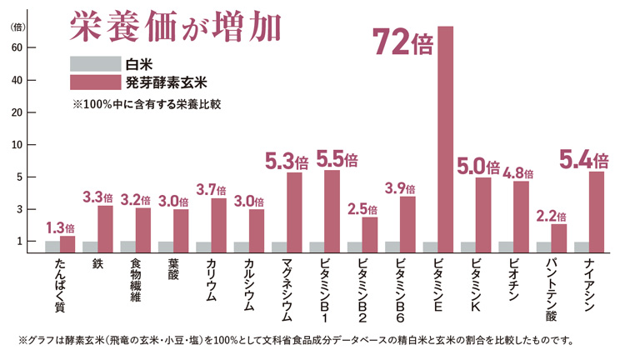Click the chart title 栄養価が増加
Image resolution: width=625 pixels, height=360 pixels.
point(175,27)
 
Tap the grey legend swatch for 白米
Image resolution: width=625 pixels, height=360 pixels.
point(93,63)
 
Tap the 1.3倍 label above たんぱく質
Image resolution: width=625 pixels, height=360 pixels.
point(59,227)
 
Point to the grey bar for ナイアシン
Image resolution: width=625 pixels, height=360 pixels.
point(581,247)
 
